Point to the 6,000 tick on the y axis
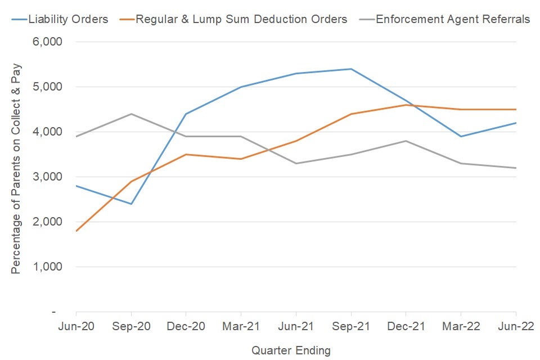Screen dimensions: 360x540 [x=49, y=42]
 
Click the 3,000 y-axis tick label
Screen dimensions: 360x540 [x=49, y=177]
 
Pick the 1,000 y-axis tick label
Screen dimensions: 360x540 [x=49, y=267]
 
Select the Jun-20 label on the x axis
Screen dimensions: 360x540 [x=76, y=327]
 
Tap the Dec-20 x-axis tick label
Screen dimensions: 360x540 [x=186, y=327]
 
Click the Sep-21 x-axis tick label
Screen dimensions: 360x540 [x=351, y=327]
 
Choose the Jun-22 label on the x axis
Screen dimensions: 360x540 [x=516, y=327]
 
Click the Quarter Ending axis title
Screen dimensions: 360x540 [x=291, y=350]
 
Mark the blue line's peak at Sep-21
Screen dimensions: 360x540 [x=351, y=69]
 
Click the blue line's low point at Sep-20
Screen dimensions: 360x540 [x=131, y=204]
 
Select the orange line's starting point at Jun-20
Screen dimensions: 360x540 [x=76, y=231]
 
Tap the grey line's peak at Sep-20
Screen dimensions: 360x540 [x=131, y=114]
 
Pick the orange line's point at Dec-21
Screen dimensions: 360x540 [x=406, y=105]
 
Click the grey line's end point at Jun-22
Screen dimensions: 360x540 [x=516, y=168]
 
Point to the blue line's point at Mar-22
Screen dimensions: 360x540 [x=461, y=136]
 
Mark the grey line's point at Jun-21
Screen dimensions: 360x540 [x=296, y=163]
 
